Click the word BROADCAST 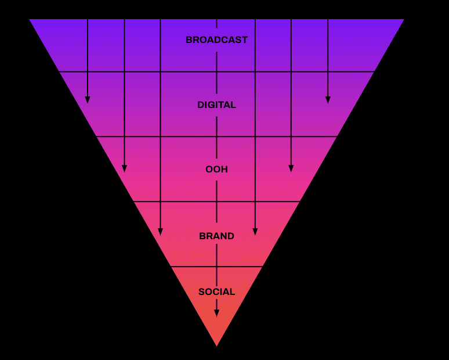(x=216, y=39)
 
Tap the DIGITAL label (x=216, y=105)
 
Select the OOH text (x=216, y=169)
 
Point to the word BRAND (x=216, y=236)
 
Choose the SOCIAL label (x=216, y=291)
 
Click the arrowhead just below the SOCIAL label (x=216, y=313)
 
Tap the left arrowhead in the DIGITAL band (x=88, y=100)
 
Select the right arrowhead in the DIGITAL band (x=328, y=100)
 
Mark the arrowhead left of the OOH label (x=124, y=168)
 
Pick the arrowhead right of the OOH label (x=291, y=168)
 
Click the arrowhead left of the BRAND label (x=160, y=232)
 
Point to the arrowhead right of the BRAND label (x=255, y=232)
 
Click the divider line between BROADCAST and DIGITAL (x=217, y=71)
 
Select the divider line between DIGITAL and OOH (x=217, y=136)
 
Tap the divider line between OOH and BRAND (x=217, y=201)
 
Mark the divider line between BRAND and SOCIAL (x=217, y=267)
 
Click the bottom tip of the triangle (x=217, y=346)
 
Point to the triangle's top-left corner (x=30, y=20)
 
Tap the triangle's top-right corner (x=404, y=20)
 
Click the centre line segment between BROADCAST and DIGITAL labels (x=216, y=73)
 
